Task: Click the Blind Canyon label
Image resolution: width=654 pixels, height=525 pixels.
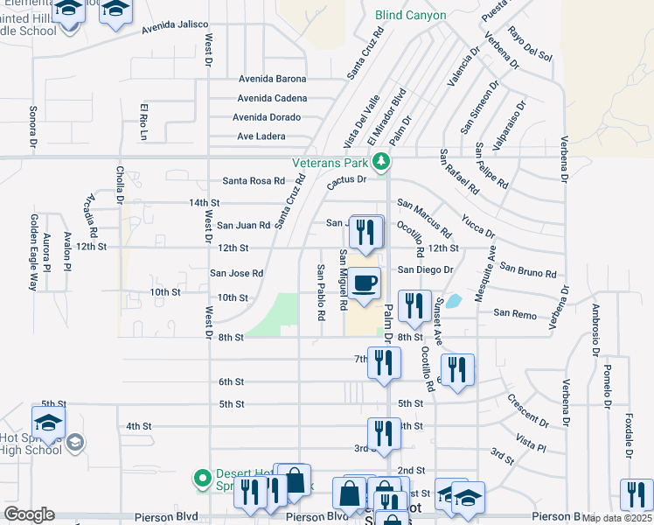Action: click(410, 15)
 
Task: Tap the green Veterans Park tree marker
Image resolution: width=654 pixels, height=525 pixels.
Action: click(380, 161)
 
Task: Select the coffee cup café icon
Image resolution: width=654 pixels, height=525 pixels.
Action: click(366, 283)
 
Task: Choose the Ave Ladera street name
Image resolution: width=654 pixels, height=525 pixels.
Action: click(261, 136)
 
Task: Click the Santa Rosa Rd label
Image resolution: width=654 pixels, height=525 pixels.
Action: click(254, 181)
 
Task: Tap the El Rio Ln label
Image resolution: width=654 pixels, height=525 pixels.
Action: click(143, 122)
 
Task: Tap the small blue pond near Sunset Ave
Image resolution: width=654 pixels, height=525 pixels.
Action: click(453, 302)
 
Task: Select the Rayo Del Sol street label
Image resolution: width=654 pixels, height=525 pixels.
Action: click(531, 45)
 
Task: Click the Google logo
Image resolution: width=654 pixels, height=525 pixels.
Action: click(29, 514)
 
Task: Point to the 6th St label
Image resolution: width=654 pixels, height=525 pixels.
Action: click(231, 381)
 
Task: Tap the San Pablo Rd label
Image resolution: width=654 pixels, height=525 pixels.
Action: click(321, 291)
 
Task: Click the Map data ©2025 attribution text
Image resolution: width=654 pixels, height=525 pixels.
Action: click(616, 518)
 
